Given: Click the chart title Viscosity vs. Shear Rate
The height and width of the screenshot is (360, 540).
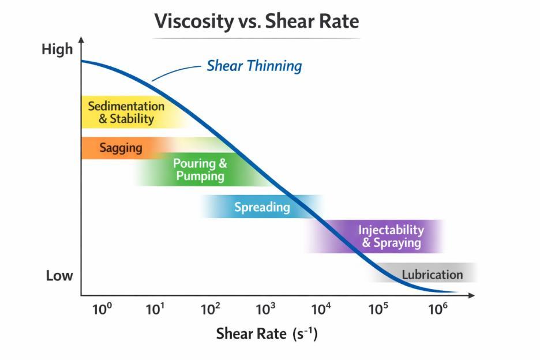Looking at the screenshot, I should pyautogui.click(x=256, y=21).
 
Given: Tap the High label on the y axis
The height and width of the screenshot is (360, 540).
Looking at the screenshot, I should pyautogui.click(x=57, y=50).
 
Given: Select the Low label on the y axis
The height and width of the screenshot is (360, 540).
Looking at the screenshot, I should pyautogui.click(x=59, y=276).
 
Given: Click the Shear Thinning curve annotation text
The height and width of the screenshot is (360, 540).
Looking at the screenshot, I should pyautogui.click(x=254, y=66).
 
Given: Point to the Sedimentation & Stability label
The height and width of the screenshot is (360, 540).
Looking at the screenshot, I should pyautogui.click(x=126, y=112).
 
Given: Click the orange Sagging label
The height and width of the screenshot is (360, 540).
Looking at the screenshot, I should pyautogui.click(x=121, y=148).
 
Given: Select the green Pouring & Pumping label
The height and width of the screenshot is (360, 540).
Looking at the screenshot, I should pyautogui.click(x=200, y=170).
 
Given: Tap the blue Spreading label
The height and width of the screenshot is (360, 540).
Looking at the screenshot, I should pyautogui.click(x=262, y=207).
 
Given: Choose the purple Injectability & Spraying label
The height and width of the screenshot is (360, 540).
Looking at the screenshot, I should pyautogui.click(x=391, y=237).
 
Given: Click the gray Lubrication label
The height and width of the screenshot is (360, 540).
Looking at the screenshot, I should pyautogui.click(x=432, y=275).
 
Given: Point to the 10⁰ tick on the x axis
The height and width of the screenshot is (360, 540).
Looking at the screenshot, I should pyautogui.click(x=102, y=309).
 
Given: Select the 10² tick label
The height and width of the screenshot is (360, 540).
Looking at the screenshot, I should pyautogui.click(x=210, y=309).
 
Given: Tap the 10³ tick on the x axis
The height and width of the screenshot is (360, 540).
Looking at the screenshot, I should pyautogui.click(x=265, y=309).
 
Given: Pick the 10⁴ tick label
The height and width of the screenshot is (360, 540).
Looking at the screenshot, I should pyautogui.click(x=321, y=309).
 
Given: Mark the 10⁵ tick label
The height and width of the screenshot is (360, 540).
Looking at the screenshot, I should pyautogui.click(x=378, y=309).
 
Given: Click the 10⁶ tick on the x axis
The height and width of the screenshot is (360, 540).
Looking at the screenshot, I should pyautogui.click(x=437, y=309).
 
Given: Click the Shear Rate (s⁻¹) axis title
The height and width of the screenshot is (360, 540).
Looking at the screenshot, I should pyautogui.click(x=267, y=334).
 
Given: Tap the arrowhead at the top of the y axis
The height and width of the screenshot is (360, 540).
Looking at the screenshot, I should pyautogui.click(x=81, y=39).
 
